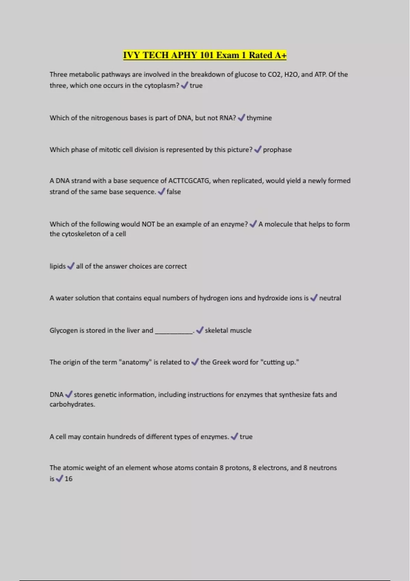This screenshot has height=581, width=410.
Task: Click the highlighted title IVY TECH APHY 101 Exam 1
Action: click(205, 55)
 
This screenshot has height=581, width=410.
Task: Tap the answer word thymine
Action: click(259, 118)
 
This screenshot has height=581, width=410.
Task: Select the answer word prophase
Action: click(277, 150)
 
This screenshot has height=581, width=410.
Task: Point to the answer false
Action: click(174, 192)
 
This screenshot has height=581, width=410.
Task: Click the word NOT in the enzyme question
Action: click(148, 224)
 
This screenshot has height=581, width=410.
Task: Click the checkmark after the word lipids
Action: click(71, 266)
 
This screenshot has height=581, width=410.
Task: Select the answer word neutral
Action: click(330, 298)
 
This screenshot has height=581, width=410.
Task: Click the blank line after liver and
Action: click(174, 331)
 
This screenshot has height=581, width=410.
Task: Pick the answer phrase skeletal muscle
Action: click(228, 330)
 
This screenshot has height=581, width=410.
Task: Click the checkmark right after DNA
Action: click(69, 394)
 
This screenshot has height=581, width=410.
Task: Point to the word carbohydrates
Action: click(72, 404)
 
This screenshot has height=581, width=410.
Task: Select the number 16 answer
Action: click(69, 479)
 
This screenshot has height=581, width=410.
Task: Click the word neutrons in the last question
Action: click(323, 468)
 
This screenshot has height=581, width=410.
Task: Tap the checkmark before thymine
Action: click(241, 118)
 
